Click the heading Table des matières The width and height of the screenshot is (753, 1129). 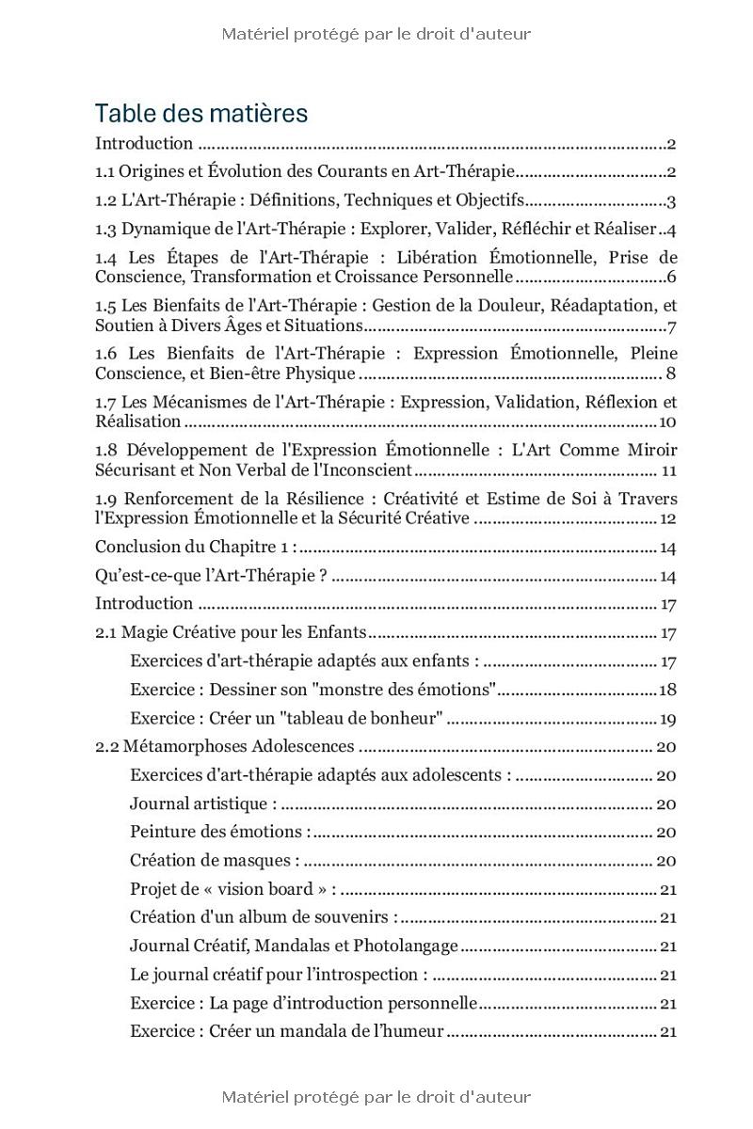coord(200,114)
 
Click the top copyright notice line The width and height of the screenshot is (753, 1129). coord(376,35)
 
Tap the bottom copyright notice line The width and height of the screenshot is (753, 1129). coord(376,1097)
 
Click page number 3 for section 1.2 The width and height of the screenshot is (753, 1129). coord(672,201)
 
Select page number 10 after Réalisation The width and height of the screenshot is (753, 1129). coord(668,422)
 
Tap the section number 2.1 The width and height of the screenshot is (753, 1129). coord(105,633)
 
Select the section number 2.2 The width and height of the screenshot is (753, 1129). coord(106,747)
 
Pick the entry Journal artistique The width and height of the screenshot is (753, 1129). coord(203,804)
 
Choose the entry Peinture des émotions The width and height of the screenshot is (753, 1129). coord(219,833)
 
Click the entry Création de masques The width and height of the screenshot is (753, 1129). coord(215,861)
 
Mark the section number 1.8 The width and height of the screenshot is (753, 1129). coord(106,451)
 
